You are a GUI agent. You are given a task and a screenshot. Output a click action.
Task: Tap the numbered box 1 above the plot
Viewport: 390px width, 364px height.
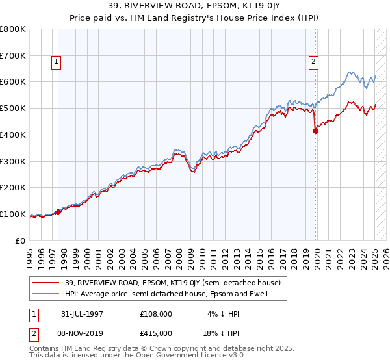tap(57, 62)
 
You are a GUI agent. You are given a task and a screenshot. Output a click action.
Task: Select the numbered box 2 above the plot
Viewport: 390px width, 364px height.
tap(313, 62)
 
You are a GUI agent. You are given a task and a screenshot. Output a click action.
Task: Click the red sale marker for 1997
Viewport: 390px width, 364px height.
tap(58, 212)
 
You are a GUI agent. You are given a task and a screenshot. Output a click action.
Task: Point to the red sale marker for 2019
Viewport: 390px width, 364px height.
tap(315, 131)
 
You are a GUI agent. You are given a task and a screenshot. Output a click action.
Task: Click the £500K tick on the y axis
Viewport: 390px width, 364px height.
tap(14, 109)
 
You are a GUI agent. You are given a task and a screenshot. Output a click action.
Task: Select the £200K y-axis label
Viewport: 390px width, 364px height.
tap(14, 188)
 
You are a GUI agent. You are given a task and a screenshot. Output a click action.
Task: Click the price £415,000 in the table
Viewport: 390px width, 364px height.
tap(156, 333)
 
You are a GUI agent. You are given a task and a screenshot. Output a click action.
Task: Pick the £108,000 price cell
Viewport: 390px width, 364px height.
tap(156, 315)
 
